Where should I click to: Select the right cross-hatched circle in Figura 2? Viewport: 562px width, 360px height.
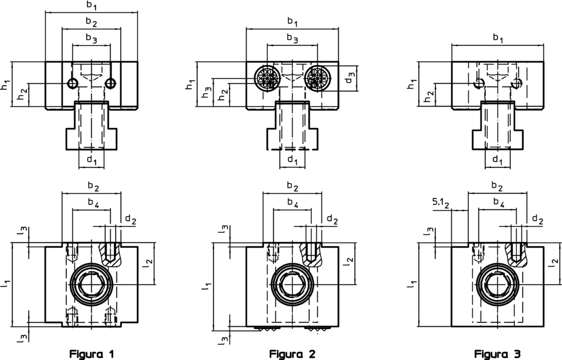[x=319, y=76]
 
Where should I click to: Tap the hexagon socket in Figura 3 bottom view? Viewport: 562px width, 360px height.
[x=497, y=285]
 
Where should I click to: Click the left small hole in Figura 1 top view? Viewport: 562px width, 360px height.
[x=72, y=84]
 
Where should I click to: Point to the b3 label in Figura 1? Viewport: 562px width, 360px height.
[x=91, y=38]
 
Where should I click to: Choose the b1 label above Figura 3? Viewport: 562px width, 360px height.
[x=498, y=38]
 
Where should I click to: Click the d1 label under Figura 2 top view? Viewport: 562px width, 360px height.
[x=292, y=161]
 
